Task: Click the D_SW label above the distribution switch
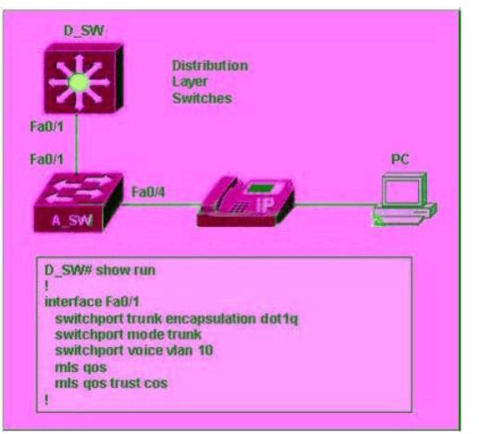coord(83,31)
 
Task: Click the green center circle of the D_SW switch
coord(79,82)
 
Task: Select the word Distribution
coord(210,66)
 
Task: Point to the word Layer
coord(190,82)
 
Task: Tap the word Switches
coord(203,98)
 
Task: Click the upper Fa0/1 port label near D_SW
coord(46,127)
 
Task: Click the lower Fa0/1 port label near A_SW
coord(46,159)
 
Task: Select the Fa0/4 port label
coord(148,192)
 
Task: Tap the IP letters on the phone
coord(264,205)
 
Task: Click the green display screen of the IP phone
coord(261,189)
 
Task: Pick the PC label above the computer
coord(400,159)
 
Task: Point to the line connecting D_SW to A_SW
coord(77,143)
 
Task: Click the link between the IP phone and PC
coord(336,204)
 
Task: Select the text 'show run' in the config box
coord(126,270)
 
